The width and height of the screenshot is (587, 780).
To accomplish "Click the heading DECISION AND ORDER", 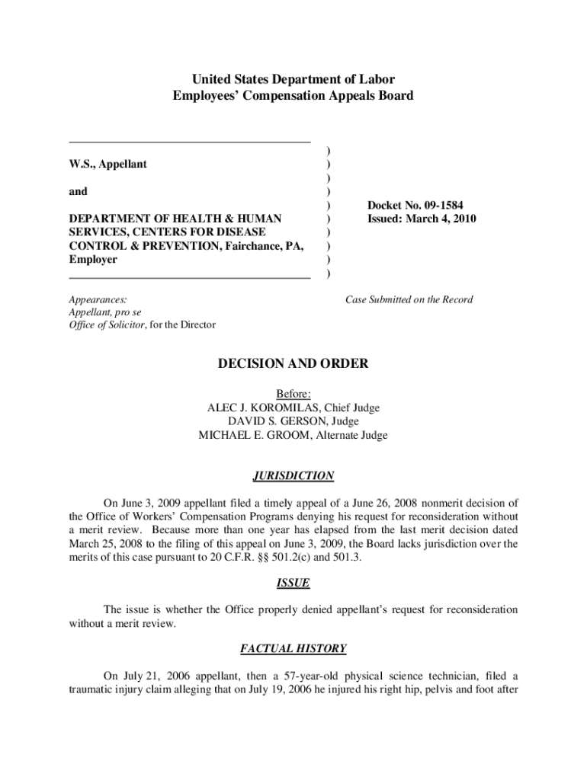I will pyautogui.click(x=293, y=364).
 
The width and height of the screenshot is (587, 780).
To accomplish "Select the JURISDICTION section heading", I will pyautogui.click(x=293, y=476).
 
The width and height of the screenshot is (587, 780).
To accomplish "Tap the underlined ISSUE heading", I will pyautogui.click(x=293, y=583).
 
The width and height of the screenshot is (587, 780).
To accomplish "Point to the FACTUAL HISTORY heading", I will pyautogui.click(x=293, y=649).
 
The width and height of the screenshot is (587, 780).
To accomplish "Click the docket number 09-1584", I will pyautogui.click(x=438, y=206).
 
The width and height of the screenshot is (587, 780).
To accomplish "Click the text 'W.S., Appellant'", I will pyautogui.click(x=108, y=164).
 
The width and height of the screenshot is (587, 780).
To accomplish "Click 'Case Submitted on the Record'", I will pyautogui.click(x=409, y=299).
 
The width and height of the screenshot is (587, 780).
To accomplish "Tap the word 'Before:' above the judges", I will pyautogui.click(x=293, y=395).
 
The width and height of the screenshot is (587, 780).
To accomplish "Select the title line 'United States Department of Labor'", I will pyautogui.click(x=293, y=79).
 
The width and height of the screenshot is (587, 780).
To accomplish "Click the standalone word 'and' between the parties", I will pyautogui.click(x=78, y=192).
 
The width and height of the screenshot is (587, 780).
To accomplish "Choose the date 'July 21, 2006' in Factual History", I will pyautogui.click(x=157, y=676).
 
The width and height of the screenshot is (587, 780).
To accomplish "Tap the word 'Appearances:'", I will pyautogui.click(x=98, y=299).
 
